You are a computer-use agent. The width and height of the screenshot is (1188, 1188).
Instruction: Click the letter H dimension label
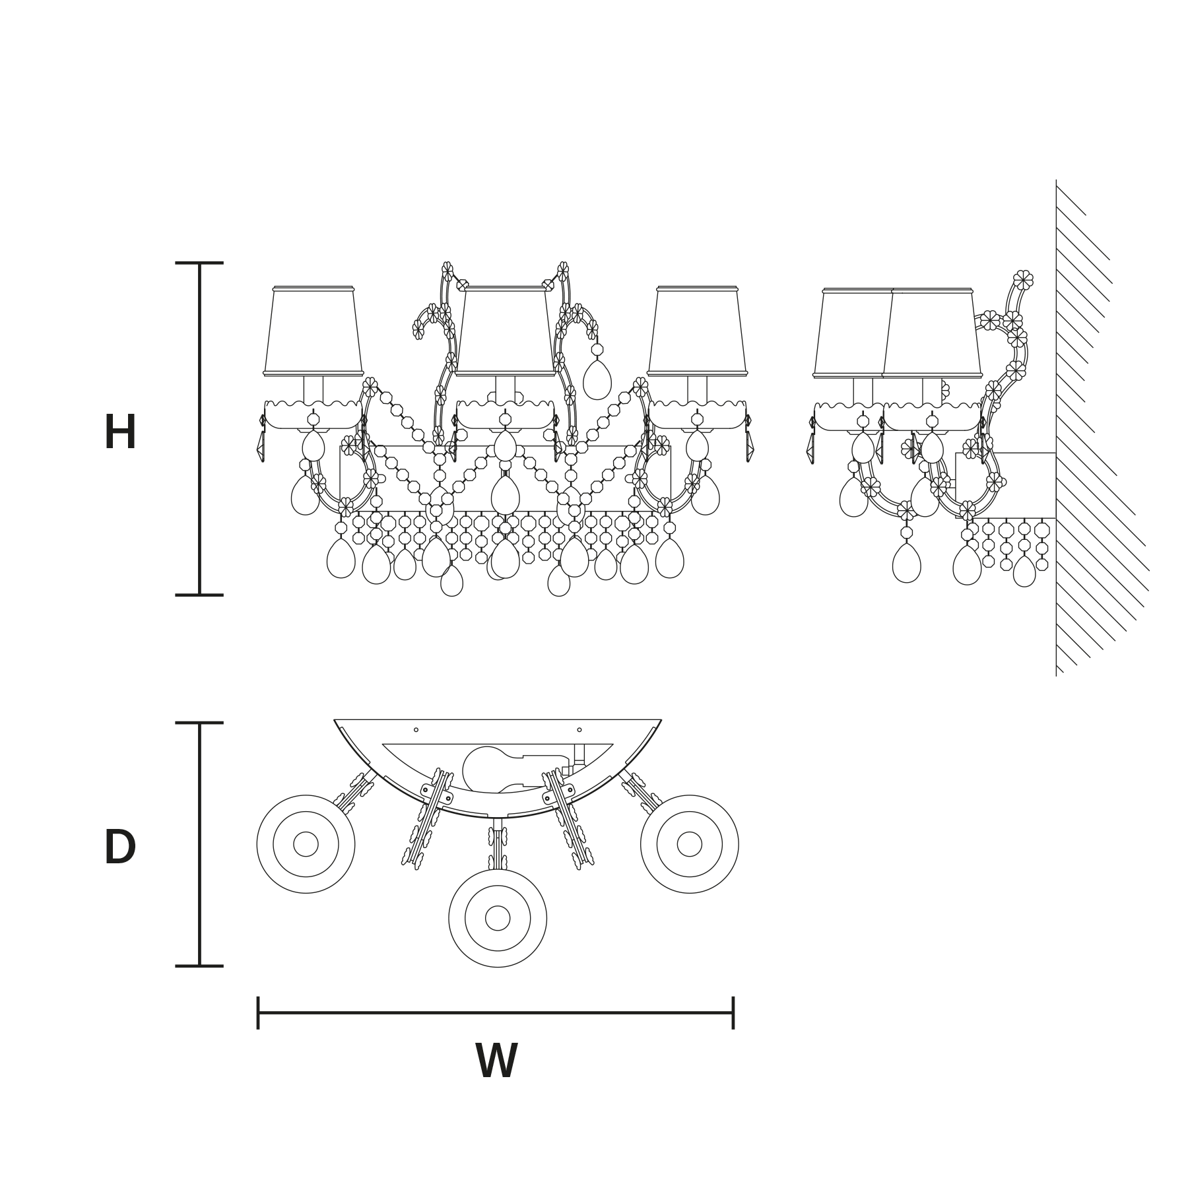(120, 432)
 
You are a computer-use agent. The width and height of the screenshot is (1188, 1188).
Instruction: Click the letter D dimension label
(120, 847)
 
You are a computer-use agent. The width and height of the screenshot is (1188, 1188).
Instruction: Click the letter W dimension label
(496, 1061)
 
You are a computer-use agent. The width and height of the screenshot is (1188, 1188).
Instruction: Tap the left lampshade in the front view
(313, 331)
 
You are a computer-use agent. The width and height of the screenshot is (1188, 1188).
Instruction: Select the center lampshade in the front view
(505, 331)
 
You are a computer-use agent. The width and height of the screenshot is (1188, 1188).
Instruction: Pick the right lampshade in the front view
(697, 331)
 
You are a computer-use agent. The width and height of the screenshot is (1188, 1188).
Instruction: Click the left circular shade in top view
(306, 844)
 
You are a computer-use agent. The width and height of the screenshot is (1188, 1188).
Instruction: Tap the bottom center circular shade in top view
(498, 918)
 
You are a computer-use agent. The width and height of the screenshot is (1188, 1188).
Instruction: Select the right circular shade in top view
(690, 844)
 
